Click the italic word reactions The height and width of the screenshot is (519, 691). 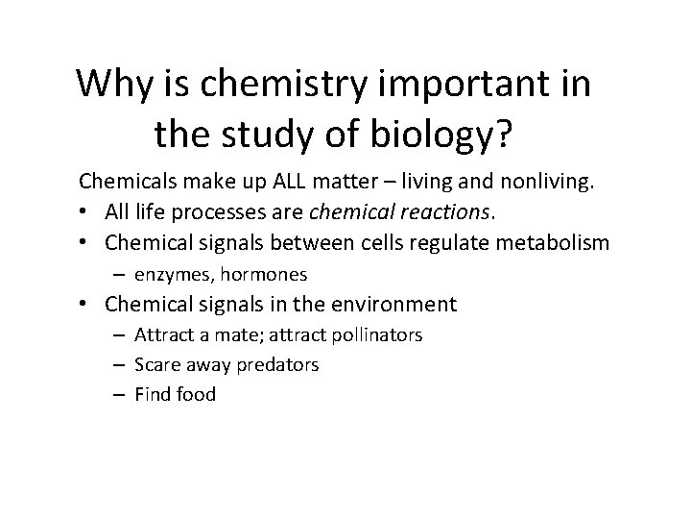tap(448, 211)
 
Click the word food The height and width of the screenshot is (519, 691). tap(196, 393)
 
